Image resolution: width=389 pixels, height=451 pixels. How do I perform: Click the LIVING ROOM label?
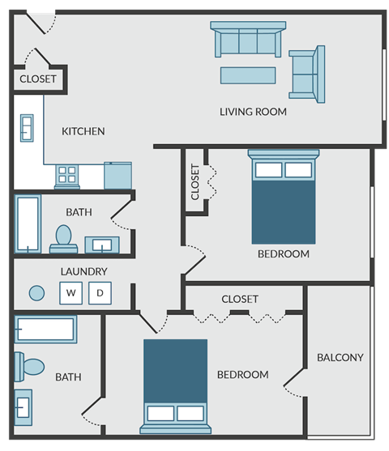click(253, 112)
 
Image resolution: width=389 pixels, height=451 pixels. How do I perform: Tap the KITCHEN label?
click(83, 131)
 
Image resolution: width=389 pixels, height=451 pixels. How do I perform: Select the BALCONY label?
click(340, 357)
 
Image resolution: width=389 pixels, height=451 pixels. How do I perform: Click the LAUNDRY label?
click(83, 271)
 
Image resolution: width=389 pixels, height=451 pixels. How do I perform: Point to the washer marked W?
click(71, 292)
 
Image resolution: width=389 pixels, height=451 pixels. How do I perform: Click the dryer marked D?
click(100, 292)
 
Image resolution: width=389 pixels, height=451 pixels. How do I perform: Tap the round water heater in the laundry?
click(36, 292)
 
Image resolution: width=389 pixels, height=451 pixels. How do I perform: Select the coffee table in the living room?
click(248, 76)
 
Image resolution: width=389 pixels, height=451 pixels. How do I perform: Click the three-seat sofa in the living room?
click(248, 40)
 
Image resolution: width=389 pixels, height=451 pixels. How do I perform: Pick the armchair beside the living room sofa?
click(306, 72)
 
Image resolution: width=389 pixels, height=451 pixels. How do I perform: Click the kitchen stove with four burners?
click(66, 175)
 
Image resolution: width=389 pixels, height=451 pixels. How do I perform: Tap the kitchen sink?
click(26, 128)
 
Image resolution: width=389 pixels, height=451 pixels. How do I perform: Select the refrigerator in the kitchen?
click(118, 174)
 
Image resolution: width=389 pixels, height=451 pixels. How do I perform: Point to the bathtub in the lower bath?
click(45, 329)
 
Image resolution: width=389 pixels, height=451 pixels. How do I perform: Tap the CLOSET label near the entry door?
click(37, 79)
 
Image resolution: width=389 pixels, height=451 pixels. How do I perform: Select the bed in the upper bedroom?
click(283, 198)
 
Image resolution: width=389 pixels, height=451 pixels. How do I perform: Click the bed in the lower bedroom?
click(175, 382)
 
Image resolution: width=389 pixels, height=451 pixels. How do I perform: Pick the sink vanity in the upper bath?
click(103, 244)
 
